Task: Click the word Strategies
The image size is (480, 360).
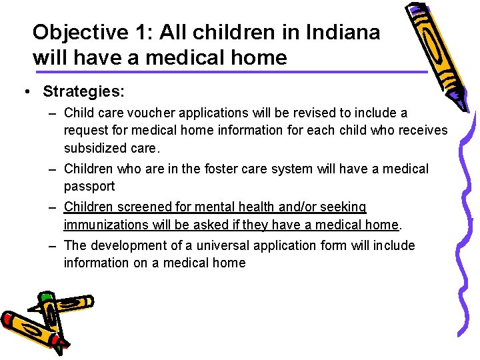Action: point(83,90)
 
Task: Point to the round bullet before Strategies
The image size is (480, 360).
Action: point(25,91)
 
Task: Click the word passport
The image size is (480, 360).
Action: point(89,186)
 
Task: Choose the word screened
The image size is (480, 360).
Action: point(143,207)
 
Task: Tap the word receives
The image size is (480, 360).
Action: point(423,130)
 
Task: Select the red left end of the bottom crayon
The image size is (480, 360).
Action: point(9,319)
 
